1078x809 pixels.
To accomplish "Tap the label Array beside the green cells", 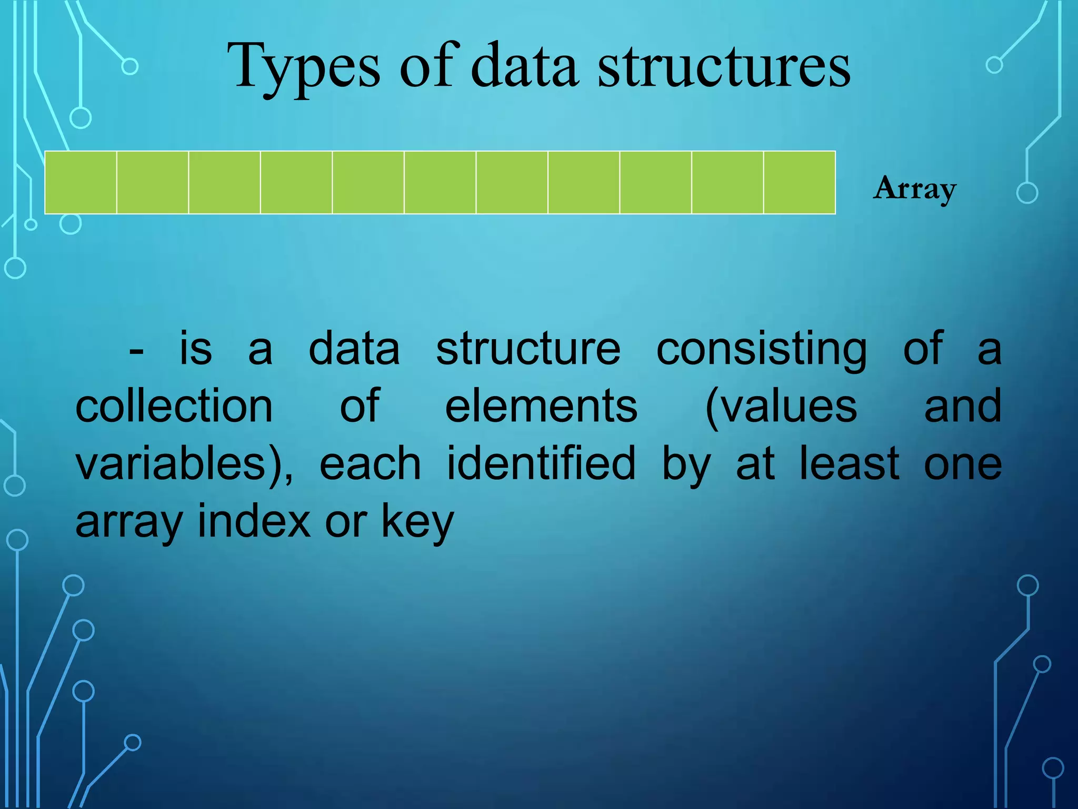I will coord(915,189).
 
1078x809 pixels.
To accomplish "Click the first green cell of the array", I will coord(81,182).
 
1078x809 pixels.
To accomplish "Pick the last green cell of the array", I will coord(800,182).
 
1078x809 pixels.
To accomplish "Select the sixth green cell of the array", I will coord(440,182).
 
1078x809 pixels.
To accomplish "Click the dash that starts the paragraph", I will coord(136,350).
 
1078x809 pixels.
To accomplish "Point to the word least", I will coord(849,463).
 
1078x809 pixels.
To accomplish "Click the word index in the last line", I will coord(254,521).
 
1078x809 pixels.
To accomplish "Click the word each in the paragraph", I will coord(370,463).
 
